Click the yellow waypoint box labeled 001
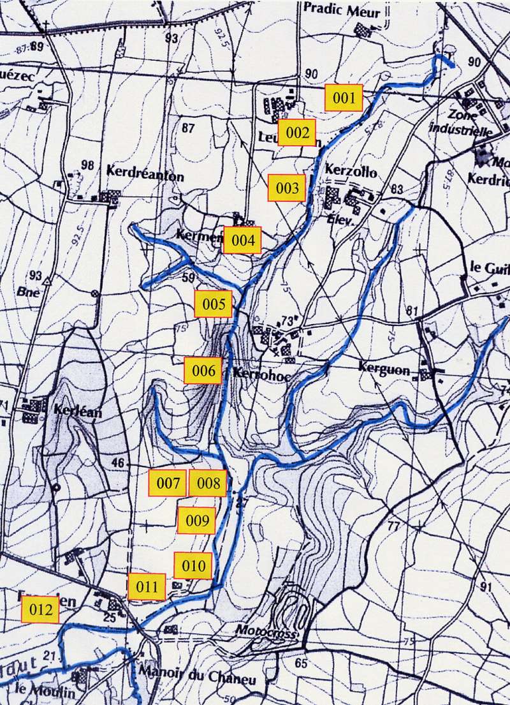344,98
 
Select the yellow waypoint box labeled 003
287,188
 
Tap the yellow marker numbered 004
243,241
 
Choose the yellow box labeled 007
168,483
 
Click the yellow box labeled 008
208,483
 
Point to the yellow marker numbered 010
193,565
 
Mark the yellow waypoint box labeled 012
40,610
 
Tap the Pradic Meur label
351,11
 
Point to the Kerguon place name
382,367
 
